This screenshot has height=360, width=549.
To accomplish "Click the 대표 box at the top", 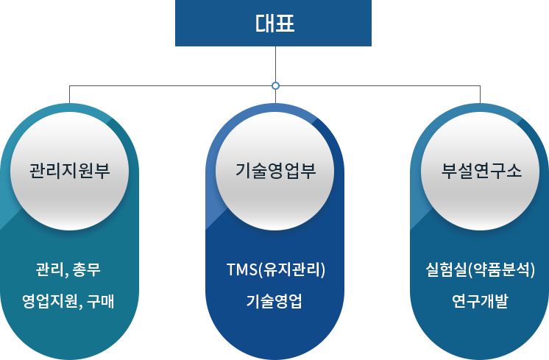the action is pyautogui.click(x=273, y=23).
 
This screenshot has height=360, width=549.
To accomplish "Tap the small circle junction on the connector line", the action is pyautogui.click(x=275, y=86).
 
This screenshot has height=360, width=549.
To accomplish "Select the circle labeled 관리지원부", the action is pyautogui.click(x=70, y=172).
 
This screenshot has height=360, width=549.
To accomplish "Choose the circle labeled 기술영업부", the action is pyautogui.click(x=274, y=172).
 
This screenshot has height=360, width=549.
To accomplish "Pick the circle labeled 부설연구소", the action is pyautogui.click(x=480, y=172).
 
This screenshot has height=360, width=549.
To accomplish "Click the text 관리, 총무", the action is pyautogui.click(x=68, y=269).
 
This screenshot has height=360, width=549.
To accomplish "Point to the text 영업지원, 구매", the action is pyautogui.click(x=68, y=301).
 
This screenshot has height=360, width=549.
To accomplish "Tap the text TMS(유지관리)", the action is pyautogui.click(x=276, y=269).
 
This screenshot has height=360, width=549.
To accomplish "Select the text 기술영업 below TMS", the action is pyautogui.click(x=274, y=301).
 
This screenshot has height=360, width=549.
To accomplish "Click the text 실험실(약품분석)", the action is pyautogui.click(x=481, y=269).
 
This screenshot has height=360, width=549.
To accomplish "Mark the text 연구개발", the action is pyautogui.click(x=480, y=301).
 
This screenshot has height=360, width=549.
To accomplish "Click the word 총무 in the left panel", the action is pyautogui.click(x=87, y=269).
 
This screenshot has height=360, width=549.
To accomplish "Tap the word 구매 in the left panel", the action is pyautogui.click(x=101, y=301).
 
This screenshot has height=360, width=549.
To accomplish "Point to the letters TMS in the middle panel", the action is pyautogui.click(x=242, y=269).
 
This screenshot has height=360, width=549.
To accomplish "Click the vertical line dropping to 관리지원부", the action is pyautogui.click(x=69, y=94).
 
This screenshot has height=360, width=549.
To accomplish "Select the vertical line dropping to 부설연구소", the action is pyautogui.click(x=480, y=94).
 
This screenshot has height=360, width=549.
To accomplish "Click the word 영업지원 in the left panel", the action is pyautogui.click(x=50, y=301).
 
